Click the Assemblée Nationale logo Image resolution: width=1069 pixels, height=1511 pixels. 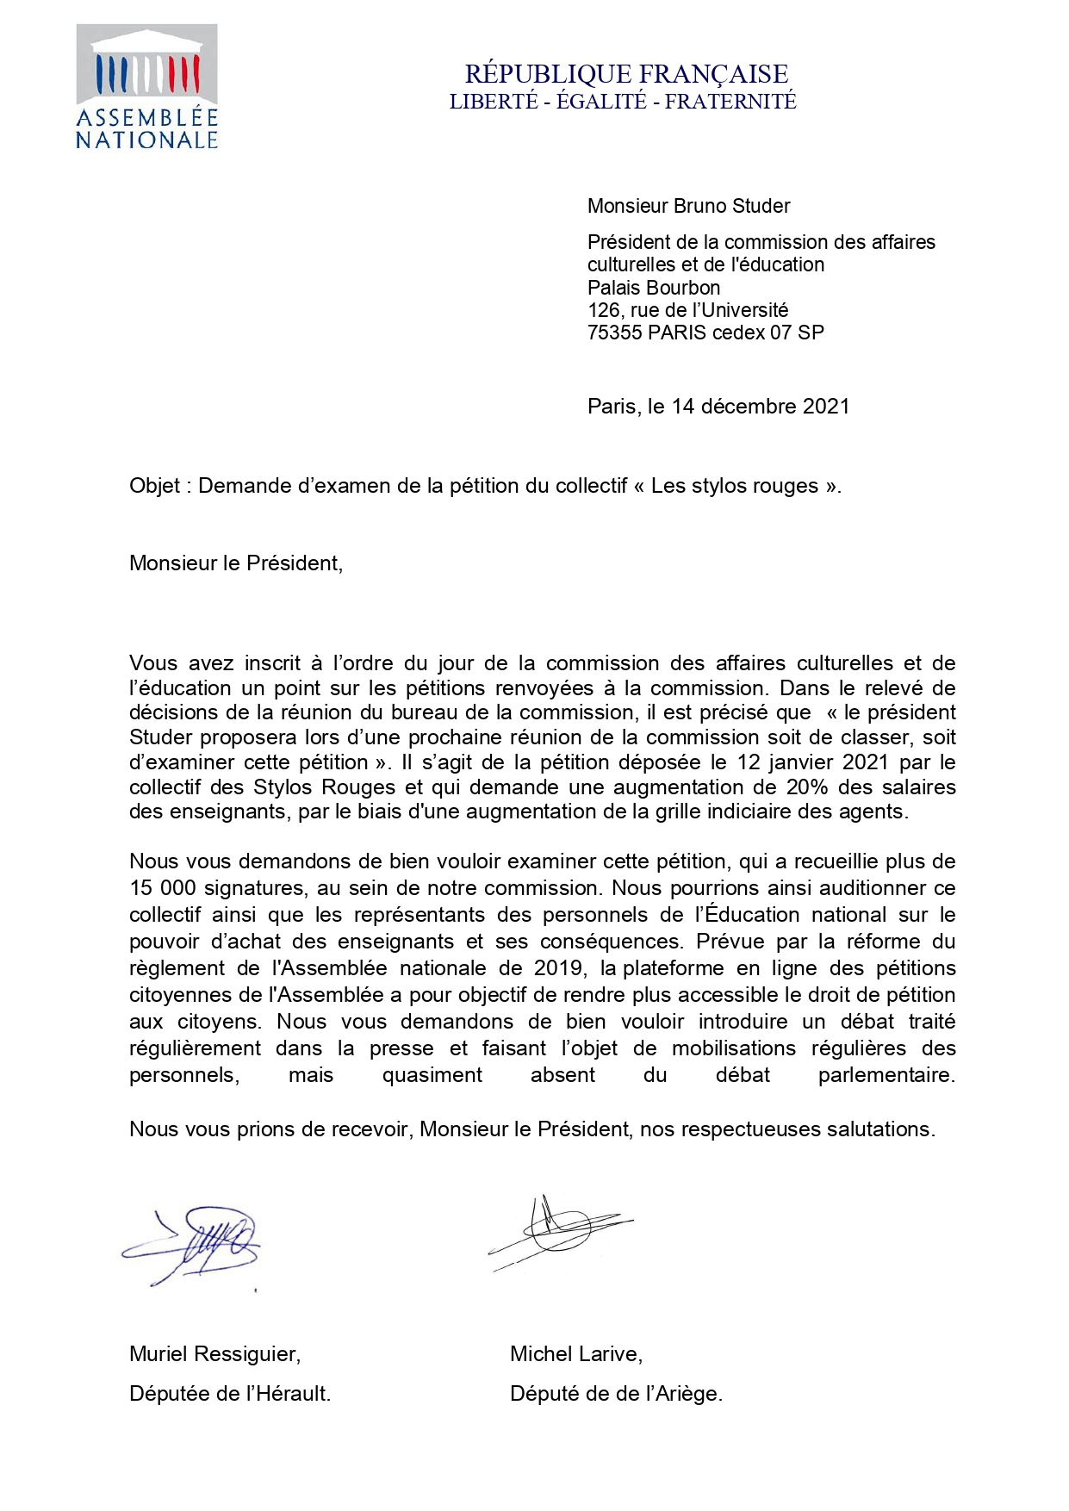[146, 87]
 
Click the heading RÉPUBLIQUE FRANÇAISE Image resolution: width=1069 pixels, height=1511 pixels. [626, 74]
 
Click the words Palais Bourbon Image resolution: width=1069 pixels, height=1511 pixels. [654, 288]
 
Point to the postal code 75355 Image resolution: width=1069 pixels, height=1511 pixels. [613, 333]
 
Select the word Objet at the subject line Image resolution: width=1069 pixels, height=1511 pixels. [154, 486]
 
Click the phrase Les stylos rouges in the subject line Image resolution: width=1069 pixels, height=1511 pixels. [734, 486]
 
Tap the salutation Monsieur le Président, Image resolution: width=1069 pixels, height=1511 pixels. [236, 563]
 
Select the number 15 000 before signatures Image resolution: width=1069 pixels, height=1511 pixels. [163, 888]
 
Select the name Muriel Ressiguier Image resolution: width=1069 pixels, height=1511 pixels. [214, 1354]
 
